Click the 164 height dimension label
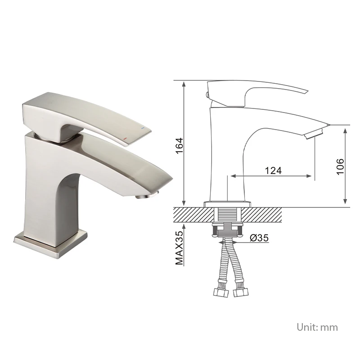(179, 146)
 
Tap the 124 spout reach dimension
(273, 171)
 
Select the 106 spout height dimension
(340, 166)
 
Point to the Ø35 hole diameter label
(259, 238)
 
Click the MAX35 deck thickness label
(179, 248)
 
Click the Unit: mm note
(317, 327)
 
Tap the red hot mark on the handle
(125, 139)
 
